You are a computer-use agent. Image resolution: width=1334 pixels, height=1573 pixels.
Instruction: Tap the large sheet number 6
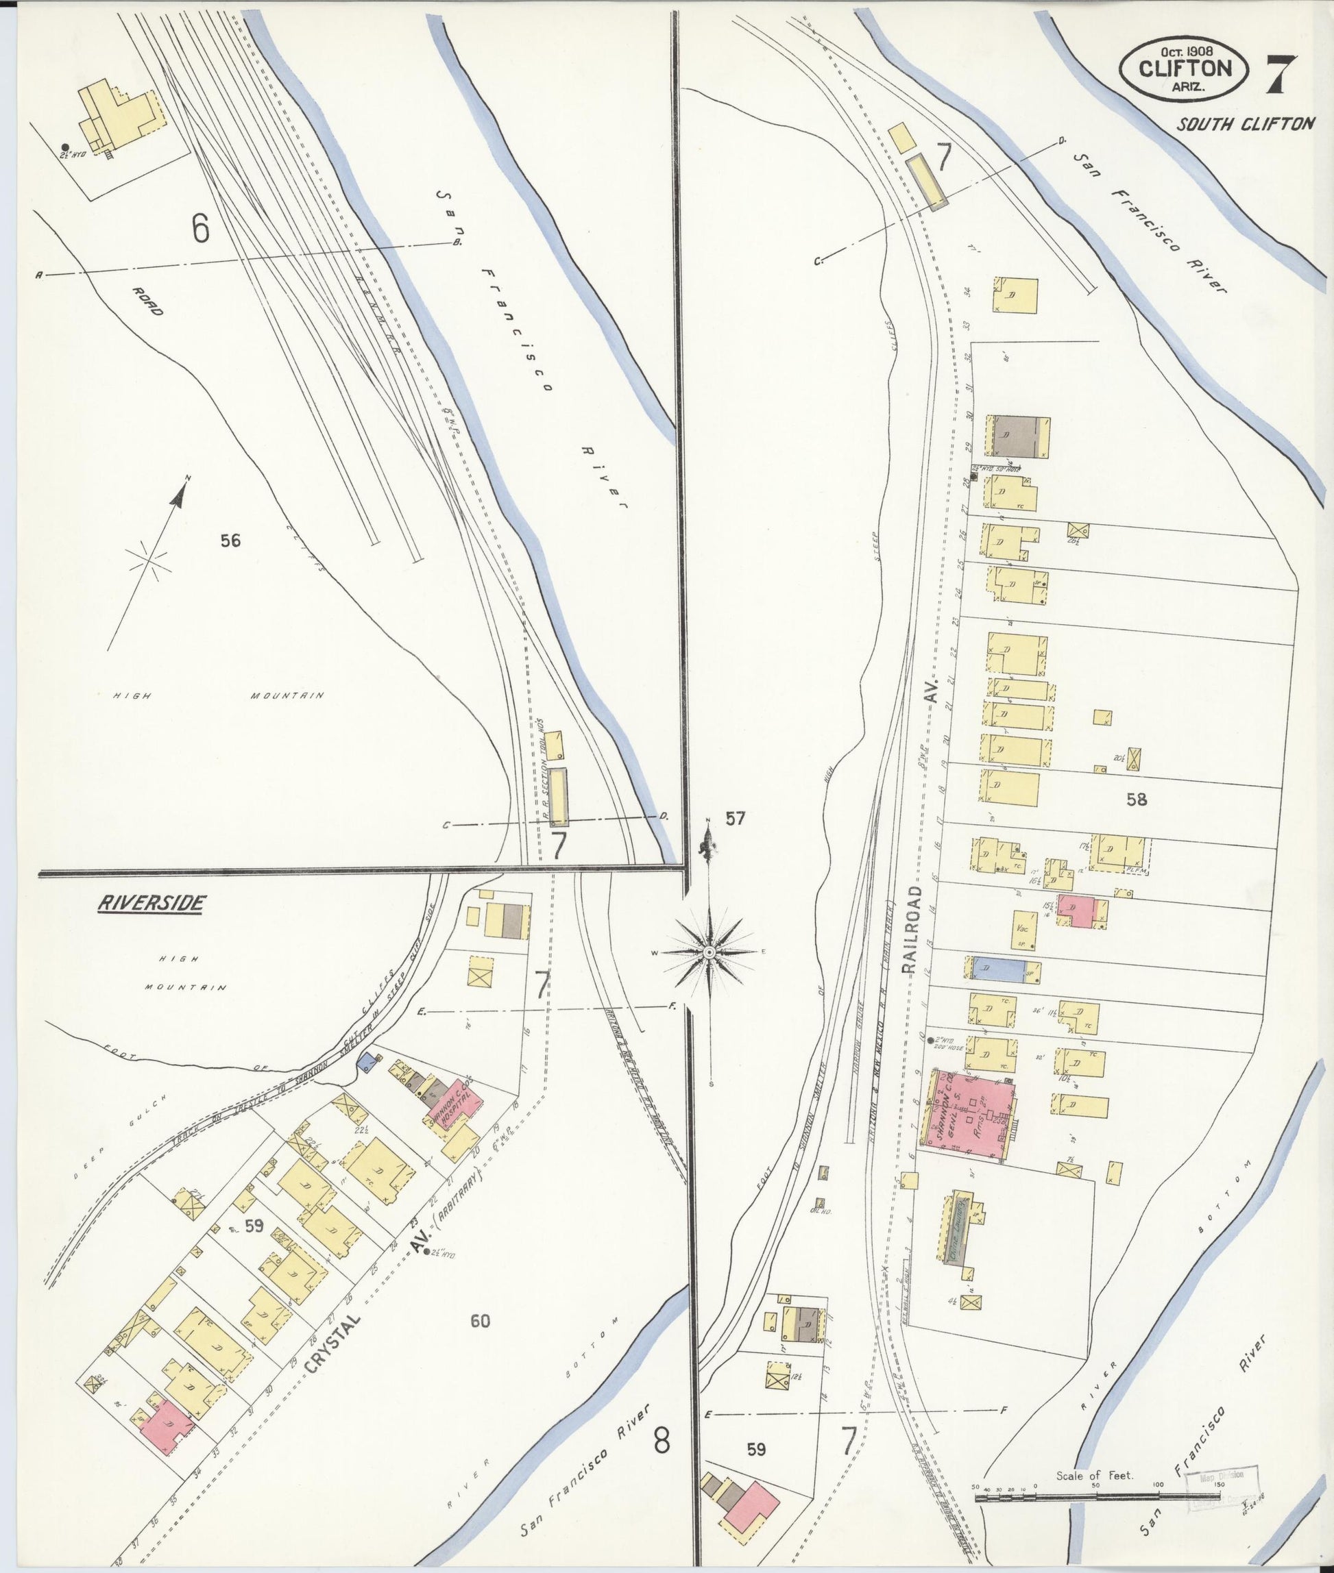click(199, 229)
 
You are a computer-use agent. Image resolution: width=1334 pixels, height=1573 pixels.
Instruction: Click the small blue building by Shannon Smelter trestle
click(368, 1061)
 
